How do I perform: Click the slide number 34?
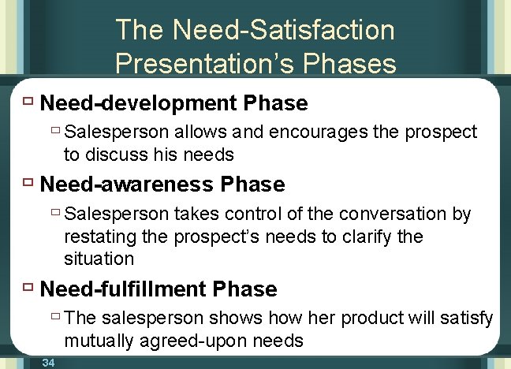[48, 362]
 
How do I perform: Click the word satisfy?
[471, 319]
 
